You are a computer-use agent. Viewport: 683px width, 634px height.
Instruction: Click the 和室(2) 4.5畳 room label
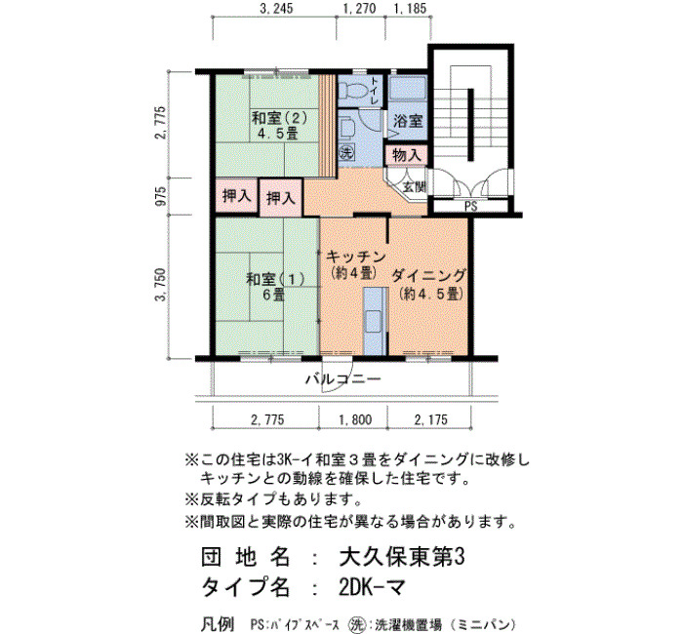[280, 126]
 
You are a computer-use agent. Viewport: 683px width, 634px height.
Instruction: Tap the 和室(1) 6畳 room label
[275, 287]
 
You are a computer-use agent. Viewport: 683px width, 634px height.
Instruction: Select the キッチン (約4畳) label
[356, 264]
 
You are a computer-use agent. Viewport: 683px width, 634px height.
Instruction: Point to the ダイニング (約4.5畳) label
[429, 285]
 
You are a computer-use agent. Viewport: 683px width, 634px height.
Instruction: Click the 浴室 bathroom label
[408, 121]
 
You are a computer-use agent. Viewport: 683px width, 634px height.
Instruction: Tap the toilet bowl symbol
[353, 90]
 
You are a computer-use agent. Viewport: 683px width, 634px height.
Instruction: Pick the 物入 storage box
[407, 155]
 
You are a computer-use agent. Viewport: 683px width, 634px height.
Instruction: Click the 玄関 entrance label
[414, 187]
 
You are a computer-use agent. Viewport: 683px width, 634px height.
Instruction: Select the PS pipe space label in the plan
[471, 206]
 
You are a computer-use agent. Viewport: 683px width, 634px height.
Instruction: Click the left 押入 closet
[237, 196]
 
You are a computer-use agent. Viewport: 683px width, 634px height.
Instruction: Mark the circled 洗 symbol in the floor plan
[346, 152]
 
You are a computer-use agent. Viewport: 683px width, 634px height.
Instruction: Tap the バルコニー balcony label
[342, 378]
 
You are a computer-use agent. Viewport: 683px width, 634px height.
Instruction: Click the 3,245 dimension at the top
[276, 8]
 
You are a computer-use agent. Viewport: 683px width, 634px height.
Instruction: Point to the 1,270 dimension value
[359, 8]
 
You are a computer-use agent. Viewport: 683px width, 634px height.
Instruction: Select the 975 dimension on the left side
[161, 196]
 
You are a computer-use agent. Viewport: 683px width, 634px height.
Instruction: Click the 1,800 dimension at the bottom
[355, 419]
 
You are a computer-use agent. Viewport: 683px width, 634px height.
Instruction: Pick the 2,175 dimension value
[431, 419]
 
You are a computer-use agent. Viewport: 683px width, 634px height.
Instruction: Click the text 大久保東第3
[401, 557]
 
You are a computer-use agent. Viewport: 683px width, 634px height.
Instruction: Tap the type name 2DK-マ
[373, 588]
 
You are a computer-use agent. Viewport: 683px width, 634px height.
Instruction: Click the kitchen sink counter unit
[376, 321]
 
